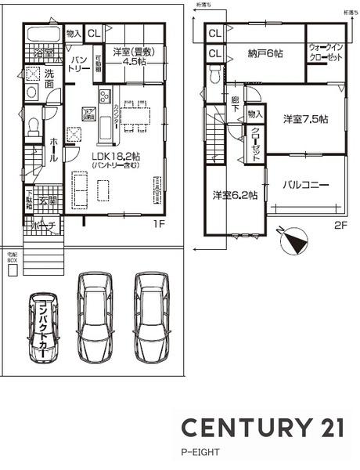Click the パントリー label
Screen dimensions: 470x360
point(78,63)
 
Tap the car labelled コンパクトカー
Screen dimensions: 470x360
point(42,327)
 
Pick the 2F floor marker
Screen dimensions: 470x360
point(340,225)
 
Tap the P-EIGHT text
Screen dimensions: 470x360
point(201,452)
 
